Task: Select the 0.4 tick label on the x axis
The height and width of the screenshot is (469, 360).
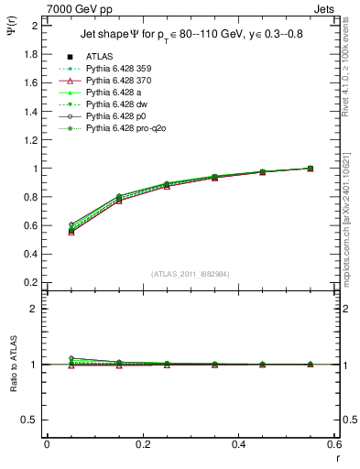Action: click(x=239, y=444)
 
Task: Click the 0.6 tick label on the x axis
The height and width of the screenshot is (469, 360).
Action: click(x=335, y=444)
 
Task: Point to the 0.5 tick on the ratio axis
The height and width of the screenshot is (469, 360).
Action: click(x=32, y=420)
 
